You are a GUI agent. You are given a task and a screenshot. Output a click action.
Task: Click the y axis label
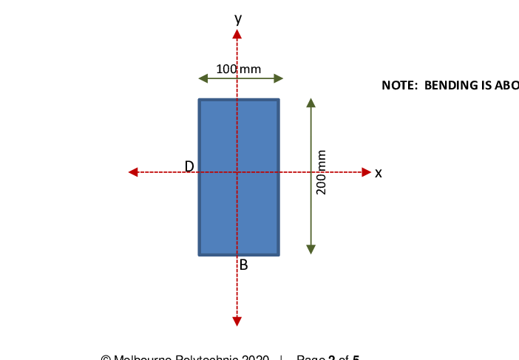click(x=237, y=18)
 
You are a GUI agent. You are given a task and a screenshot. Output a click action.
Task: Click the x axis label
click(x=379, y=173)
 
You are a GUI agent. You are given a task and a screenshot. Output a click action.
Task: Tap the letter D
click(x=189, y=166)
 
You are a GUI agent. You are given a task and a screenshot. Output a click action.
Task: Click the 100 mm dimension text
click(x=238, y=69)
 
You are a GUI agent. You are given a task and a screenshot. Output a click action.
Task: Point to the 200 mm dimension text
click(x=322, y=172)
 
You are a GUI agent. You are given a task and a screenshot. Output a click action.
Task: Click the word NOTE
click(x=398, y=85)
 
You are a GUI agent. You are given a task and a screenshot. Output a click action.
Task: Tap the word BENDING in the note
click(x=452, y=85)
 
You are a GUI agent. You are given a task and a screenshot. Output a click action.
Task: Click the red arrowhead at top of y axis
click(x=237, y=35)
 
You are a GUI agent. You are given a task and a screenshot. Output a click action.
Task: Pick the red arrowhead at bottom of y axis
click(x=237, y=321)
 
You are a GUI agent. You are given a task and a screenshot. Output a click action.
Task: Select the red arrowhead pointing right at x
click(x=366, y=172)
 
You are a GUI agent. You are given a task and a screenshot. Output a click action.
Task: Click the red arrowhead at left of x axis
click(x=133, y=172)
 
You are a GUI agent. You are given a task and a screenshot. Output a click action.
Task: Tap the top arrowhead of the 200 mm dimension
click(x=311, y=102)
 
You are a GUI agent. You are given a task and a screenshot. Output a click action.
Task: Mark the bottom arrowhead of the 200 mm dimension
click(x=311, y=249)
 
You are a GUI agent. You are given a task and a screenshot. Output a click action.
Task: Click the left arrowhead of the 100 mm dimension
click(x=203, y=78)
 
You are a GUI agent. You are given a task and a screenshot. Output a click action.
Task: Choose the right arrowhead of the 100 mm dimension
click(x=279, y=78)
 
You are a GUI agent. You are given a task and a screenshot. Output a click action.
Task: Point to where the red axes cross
click(x=237, y=172)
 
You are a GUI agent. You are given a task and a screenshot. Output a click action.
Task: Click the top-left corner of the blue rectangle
click(x=199, y=99)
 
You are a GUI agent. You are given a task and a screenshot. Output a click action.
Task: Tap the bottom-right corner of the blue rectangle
click(x=279, y=254)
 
